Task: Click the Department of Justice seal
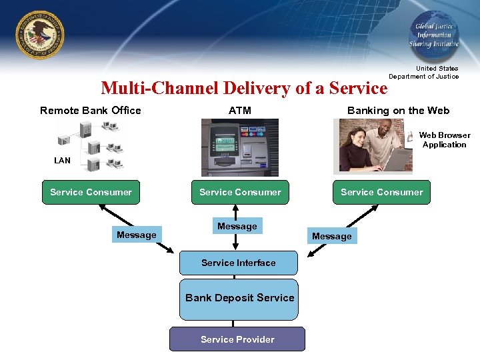[x=41, y=35]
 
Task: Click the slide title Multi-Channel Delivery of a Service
[x=243, y=88]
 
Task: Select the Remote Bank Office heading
[x=91, y=111]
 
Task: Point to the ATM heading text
[x=240, y=111]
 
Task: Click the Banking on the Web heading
[x=398, y=111]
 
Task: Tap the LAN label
[x=62, y=161]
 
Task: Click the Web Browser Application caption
[x=445, y=140]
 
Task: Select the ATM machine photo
[x=240, y=147]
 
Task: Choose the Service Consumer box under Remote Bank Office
[x=91, y=192]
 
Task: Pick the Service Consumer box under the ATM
[x=240, y=192]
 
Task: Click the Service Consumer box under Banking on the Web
[x=381, y=192]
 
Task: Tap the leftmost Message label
[x=136, y=235]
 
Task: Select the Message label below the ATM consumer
[x=237, y=227]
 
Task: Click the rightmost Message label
[x=331, y=236]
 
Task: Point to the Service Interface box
[x=238, y=263]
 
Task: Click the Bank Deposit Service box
[x=239, y=298]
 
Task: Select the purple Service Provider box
[x=237, y=339]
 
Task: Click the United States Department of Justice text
[x=424, y=73]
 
